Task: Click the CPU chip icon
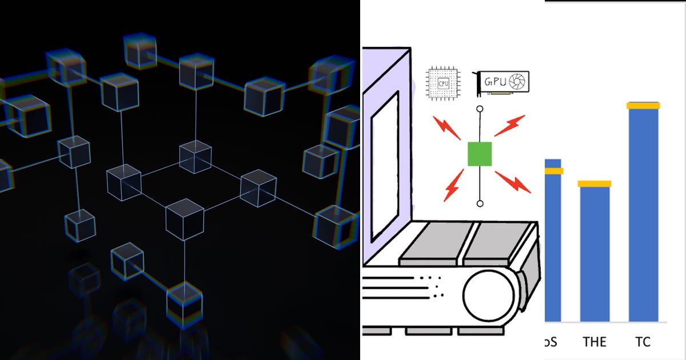pos(443,83)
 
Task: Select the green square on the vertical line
pos(480,154)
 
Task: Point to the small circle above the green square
pos(480,109)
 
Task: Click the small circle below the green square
pos(480,203)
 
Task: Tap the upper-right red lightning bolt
pos(510,126)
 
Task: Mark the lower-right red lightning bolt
pos(513,182)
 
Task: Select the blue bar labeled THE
pos(595,254)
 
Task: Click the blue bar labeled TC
pos(643,214)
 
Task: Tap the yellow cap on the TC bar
pos(643,106)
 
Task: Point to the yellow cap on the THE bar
pos(595,184)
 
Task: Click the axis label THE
pos(595,342)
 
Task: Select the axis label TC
pos(643,342)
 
